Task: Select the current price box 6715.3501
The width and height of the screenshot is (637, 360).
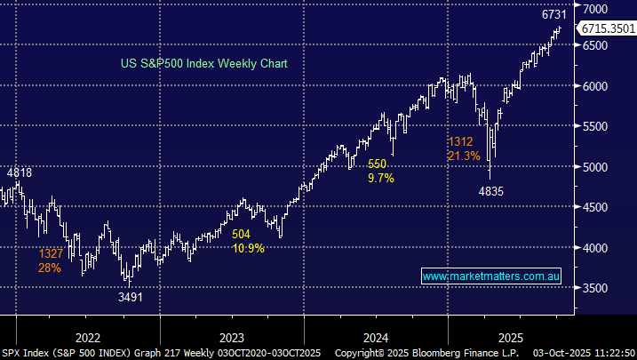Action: (607, 29)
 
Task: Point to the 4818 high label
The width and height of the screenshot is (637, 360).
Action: (20, 173)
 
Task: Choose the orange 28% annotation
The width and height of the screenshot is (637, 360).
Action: (50, 268)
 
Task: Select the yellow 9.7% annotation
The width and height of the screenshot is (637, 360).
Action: (380, 178)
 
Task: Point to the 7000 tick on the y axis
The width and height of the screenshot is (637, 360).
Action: (598, 7)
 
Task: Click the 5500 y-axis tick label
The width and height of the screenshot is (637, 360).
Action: (598, 126)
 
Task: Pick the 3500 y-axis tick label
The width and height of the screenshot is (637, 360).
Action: (598, 288)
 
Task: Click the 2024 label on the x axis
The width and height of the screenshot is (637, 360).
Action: (376, 338)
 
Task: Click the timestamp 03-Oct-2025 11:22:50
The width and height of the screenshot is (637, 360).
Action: (585, 353)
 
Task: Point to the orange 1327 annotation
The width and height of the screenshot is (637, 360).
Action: (51, 254)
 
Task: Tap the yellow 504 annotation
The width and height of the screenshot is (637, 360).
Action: (242, 234)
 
